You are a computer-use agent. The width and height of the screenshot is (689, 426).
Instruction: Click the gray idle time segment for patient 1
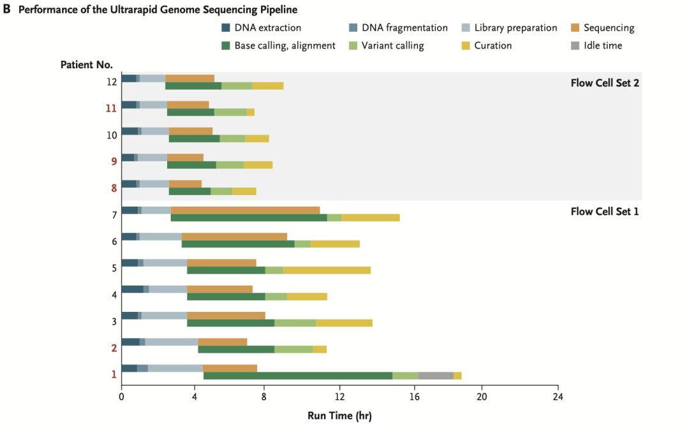coord(436,376)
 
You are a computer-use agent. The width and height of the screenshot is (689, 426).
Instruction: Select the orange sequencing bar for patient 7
coord(245,210)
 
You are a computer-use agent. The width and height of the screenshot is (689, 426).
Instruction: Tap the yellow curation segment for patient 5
coord(327,270)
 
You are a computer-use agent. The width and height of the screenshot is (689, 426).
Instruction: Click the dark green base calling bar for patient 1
coord(297,376)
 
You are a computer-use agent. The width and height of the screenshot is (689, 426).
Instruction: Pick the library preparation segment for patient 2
coord(172,342)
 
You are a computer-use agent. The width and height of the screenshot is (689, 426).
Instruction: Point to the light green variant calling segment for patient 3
coord(295,323)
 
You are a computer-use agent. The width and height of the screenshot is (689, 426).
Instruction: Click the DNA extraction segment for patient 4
coord(132,289)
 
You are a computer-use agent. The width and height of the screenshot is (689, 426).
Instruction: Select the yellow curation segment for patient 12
coord(268,86)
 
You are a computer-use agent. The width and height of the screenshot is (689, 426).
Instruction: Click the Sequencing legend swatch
coord(575,28)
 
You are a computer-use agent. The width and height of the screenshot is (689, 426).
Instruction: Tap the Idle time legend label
coord(602,45)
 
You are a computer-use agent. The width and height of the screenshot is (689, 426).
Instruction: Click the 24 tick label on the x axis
coord(558,397)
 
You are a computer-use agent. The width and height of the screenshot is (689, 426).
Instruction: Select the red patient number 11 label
coord(111,108)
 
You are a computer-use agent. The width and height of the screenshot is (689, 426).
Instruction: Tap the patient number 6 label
coord(114,241)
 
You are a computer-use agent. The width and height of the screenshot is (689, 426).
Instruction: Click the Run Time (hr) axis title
coord(339,415)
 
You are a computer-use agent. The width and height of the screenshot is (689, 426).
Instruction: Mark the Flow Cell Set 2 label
coord(604,83)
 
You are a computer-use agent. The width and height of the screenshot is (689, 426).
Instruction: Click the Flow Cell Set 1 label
coord(604,212)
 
